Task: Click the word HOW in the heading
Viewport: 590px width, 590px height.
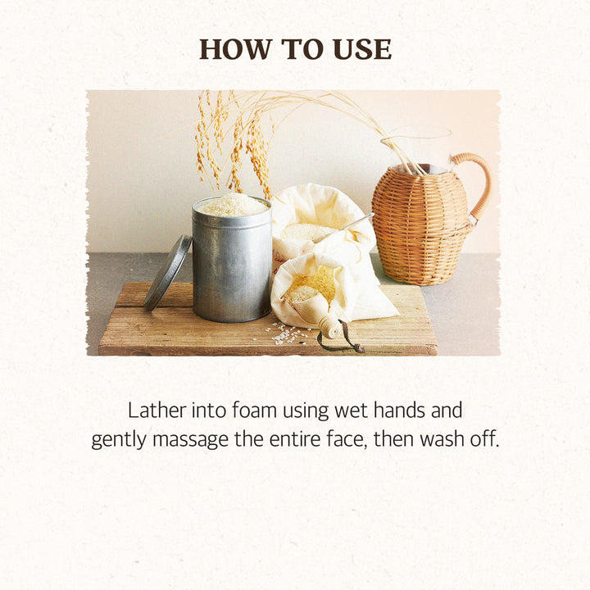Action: pos(234,49)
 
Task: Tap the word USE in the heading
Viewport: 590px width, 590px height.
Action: pos(362,49)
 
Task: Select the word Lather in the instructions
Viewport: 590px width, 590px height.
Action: pos(157,411)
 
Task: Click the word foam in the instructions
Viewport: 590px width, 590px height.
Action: pos(254,411)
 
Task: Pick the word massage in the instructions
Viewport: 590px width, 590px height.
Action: pos(190,440)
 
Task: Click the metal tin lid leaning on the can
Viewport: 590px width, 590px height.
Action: pos(167,272)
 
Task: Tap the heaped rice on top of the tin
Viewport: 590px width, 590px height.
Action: pos(232,205)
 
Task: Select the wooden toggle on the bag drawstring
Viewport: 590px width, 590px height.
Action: pos(329,327)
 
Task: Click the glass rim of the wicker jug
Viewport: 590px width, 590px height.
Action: pos(415,134)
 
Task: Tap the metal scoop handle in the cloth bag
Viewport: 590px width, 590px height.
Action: pos(346,227)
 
